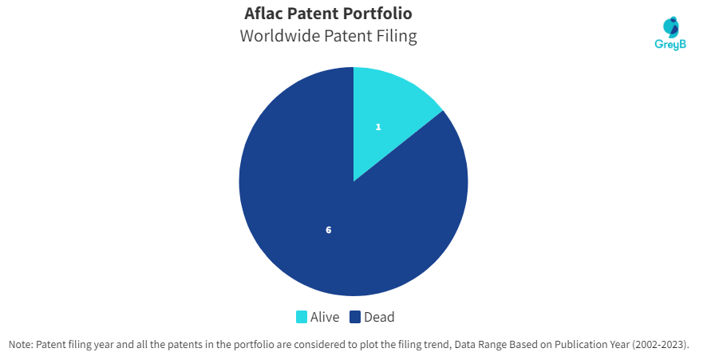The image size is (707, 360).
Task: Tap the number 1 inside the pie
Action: point(378,127)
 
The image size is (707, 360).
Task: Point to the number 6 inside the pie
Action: point(328,230)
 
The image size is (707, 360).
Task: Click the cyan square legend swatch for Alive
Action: point(301,317)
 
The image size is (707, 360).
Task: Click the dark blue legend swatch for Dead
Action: point(355,317)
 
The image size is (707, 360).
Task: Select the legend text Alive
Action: point(325,317)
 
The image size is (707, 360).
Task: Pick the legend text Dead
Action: point(379,317)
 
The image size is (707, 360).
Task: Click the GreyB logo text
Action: point(670,44)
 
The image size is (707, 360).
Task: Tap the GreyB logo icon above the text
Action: point(671,27)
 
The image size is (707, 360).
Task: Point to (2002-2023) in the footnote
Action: point(660,345)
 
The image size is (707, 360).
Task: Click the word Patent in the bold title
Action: point(314,14)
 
